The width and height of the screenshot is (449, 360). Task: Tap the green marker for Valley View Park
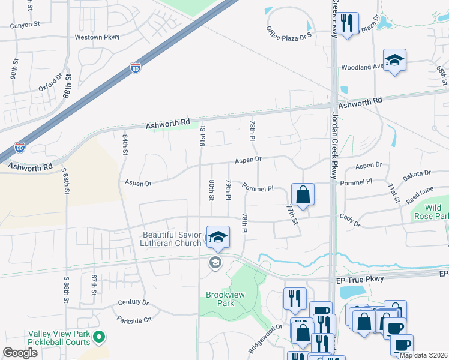(x=101, y=338)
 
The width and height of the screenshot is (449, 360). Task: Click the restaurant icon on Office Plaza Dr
(x=347, y=23)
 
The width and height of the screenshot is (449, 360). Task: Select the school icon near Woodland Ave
(x=394, y=60)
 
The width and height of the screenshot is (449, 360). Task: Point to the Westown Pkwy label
(x=97, y=37)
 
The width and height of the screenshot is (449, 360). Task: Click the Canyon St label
(x=25, y=25)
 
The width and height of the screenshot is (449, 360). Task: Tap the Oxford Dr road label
(x=50, y=84)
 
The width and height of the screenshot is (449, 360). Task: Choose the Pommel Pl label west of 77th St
(x=258, y=188)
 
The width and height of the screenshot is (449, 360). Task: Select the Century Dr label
(x=133, y=302)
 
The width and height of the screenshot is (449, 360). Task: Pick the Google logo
(x=20, y=353)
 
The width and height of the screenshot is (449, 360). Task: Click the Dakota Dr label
(x=417, y=173)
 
